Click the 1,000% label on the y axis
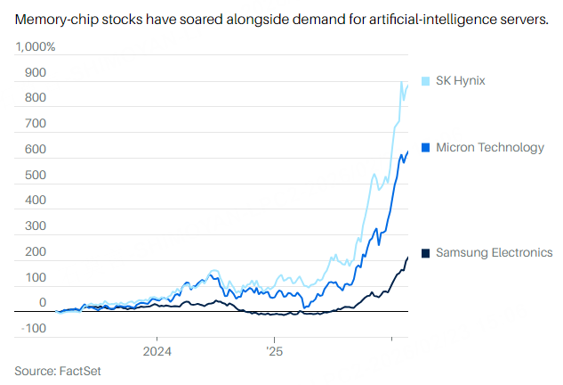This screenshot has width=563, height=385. [35, 46]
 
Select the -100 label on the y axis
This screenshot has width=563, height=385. [33, 329]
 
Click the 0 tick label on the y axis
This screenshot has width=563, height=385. [42, 303]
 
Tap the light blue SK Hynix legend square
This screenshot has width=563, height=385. [425, 81]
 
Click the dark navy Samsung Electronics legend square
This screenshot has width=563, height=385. [425, 253]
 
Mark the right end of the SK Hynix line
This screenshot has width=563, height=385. [407, 83]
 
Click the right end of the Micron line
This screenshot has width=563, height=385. [407, 152]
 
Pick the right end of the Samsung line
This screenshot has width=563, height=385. [407, 258]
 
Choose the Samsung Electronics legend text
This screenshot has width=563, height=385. [494, 253]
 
